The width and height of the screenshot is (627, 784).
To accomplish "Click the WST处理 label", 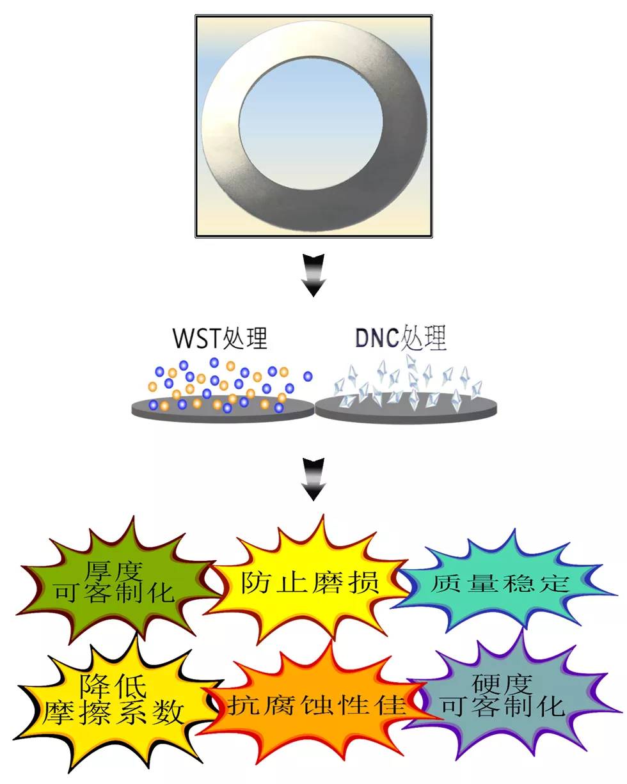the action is coord(220,338).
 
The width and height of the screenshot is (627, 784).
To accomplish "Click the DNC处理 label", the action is coord(401,338).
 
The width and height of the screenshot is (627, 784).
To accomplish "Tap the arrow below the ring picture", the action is coord(313,276).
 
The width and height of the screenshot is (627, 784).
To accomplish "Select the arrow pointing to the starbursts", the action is coord(313,480).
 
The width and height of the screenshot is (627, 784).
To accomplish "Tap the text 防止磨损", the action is coord(310,583).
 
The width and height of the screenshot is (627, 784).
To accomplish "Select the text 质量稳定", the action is coord(500,583).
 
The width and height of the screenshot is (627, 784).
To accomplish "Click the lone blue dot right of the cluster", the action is coord(308,376).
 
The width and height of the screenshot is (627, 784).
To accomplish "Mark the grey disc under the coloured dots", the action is coord(223,409).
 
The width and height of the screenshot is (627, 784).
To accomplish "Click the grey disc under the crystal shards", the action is coord(406,409).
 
